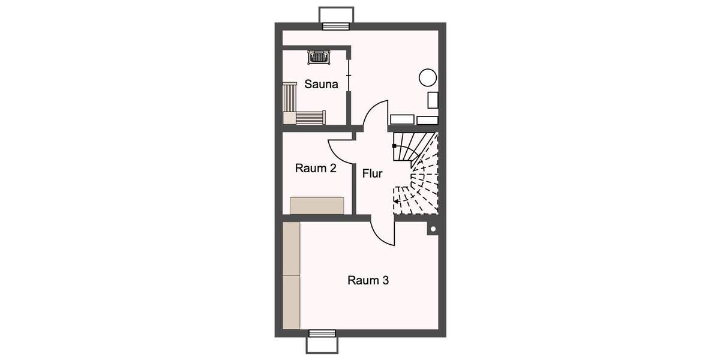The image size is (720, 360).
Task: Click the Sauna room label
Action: (x=321, y=85)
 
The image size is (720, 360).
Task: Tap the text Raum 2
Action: (x=316, y=169)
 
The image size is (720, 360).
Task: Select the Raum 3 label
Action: (x=368, y=280)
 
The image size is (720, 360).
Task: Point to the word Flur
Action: (x=372, y=174)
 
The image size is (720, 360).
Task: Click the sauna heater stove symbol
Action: (x=319, y=58)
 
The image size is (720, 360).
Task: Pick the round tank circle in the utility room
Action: (x=427, y=77)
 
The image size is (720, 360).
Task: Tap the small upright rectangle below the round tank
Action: (x=433, y=100)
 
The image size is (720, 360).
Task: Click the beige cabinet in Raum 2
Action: (x=317, y=205)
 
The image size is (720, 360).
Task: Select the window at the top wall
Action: (x=336, y=26)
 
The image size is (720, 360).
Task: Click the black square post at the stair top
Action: (x=394, y=146)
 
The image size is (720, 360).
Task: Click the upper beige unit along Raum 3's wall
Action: (x=291, y=248)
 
